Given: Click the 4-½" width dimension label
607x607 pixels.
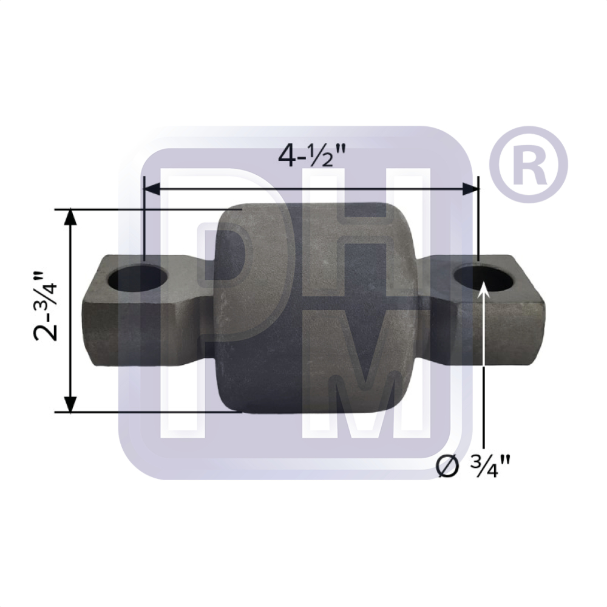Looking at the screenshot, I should (311, 156).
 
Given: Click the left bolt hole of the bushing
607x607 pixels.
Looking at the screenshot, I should (138, 279).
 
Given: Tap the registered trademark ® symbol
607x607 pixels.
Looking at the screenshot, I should (527, 165).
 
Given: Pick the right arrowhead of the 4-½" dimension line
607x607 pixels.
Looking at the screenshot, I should (471, 189).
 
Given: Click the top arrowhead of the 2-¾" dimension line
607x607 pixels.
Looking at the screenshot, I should (71, 218).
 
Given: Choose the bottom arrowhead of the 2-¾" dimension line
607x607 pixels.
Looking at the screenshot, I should (71, 403).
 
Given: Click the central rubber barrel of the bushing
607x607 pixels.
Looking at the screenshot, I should (316, 310).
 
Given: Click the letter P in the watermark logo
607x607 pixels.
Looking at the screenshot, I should (237, 255).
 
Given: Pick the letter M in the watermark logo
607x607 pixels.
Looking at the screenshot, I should (364, 388).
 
